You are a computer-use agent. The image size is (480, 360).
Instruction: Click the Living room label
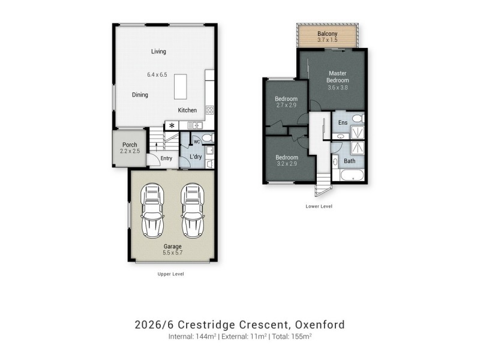tap(158, 52)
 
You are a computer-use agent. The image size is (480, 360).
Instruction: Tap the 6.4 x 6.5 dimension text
tap(157, 75)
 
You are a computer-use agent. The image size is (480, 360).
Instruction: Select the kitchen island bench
tap(181, 86)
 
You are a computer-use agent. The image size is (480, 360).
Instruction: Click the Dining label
tap(140, 95)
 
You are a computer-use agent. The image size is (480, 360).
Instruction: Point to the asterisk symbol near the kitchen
tap(172, 125)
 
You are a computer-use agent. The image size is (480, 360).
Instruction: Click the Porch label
tap(130, 145)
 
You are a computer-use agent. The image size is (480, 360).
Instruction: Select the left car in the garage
tap(151, 210)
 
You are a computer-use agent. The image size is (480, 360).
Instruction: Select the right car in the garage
tap(192, 210)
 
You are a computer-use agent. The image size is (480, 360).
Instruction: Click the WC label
tap(196, 142)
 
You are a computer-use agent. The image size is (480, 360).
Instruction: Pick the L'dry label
tap(195, 157)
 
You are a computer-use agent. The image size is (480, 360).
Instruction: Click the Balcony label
tap(327, 34)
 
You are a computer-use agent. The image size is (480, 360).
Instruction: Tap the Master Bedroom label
tap(337, 77)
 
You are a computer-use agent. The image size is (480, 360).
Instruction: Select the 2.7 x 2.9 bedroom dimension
tap(286, 105)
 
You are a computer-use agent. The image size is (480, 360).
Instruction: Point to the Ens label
tap(343, 123)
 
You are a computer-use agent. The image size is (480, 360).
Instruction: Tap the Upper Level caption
tap(170, 274)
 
